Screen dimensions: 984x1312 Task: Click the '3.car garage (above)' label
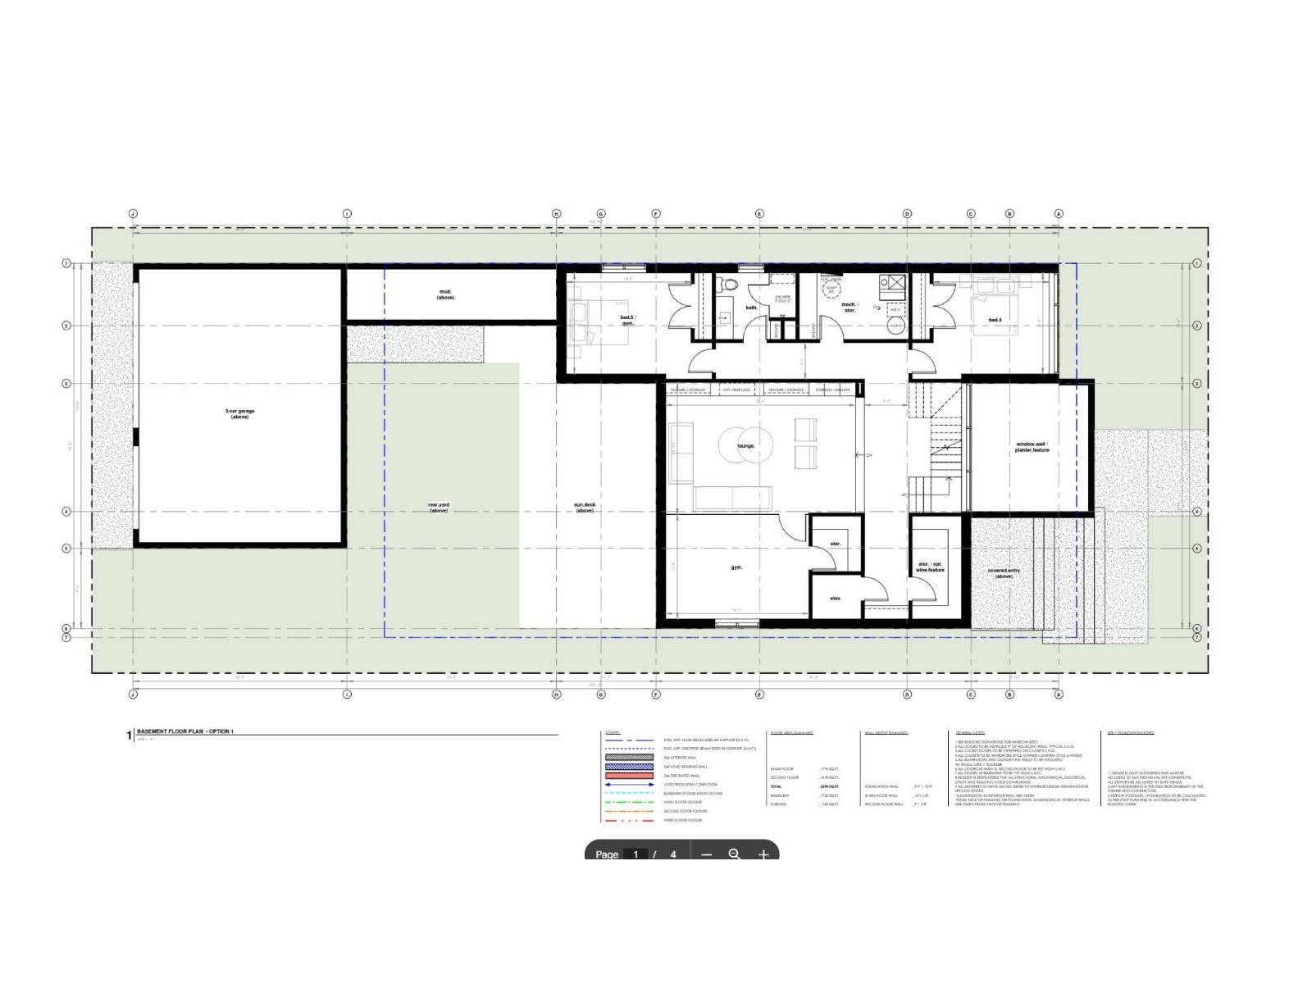click(239, 414)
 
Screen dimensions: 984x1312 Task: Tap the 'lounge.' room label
click(745, 446)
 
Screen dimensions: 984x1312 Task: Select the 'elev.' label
click(836, 599)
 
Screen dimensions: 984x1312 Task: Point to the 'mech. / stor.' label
click(850, 307)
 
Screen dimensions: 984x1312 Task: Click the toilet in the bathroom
click(729, 285)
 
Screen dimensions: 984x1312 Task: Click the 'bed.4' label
click(995, 320)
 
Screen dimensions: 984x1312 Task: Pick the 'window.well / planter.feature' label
click(1032, 447)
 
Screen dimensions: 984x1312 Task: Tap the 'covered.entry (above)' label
click(1004, 573)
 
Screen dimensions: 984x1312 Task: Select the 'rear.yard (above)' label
click(439, 508)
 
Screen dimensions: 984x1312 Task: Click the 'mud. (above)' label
click(445, 294)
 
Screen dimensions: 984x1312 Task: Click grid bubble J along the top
click(133, 214)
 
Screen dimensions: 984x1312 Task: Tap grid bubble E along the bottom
click(759, 695)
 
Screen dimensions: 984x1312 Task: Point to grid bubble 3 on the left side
click(66, 384)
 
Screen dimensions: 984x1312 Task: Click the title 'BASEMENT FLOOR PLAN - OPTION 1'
click(184, 731)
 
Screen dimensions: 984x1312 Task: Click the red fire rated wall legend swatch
click(629, 776)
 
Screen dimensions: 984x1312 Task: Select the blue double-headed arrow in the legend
click(629, 785)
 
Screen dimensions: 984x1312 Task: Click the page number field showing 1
click(635, 854)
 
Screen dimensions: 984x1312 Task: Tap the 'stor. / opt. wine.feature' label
click(930, 567)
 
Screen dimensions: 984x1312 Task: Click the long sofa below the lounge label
click(733, 497)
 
